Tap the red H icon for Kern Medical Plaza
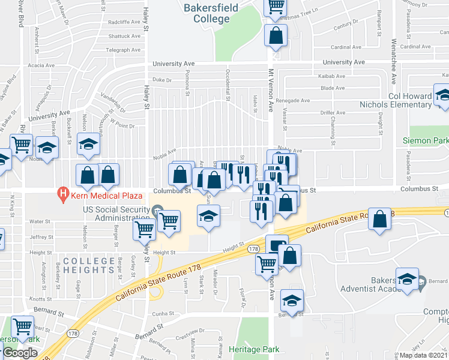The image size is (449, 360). click(x=61, y=194)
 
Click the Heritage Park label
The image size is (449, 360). click(x=250, y=349)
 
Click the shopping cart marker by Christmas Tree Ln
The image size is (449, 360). click(x=276, y=7)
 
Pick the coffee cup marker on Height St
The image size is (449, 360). click(x=277, y=245)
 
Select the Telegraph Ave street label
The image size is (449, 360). click(x=123, y=50)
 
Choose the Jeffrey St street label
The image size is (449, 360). click(x=41, y=237)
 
